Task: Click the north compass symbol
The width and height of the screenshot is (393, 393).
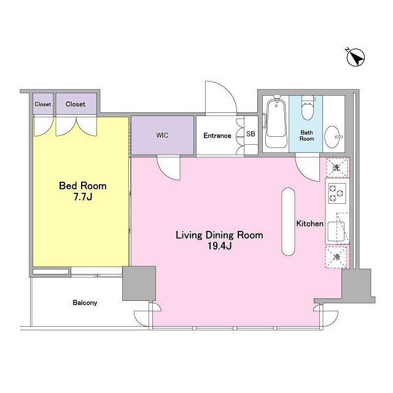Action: click(x=356, y=58)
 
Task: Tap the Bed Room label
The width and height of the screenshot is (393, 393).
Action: click(x=83, y=185)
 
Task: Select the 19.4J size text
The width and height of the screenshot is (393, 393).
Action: click(x=220, y=246)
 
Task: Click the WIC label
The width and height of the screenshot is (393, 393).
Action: click(x=162, y=135)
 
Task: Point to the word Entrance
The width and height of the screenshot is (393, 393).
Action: click(x=217, y=136)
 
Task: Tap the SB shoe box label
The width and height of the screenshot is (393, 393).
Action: click(x=251, y=134)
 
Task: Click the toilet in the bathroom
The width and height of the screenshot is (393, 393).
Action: click(x=308, y=108)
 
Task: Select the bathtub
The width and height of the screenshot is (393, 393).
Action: click(x=276, y=123)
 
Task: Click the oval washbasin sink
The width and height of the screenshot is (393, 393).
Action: click(x=332, y=137)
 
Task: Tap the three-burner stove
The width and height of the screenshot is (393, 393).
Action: click(x=337, y=193)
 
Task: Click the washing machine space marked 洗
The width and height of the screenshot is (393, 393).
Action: click(x=337, y=168)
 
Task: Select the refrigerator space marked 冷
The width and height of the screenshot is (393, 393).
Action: click(x=337, y=257)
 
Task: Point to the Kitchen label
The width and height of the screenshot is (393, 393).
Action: click(x=309, y=224)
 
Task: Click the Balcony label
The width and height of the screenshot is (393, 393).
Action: click(x=85, y=303)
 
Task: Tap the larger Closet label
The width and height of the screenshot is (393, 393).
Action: click(x=76, y=104)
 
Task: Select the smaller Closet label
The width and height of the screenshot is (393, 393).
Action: click(x=43, y=104)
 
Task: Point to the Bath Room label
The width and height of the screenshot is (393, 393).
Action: click(x=307, y=135)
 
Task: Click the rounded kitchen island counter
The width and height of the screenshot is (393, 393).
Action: click(x=288, y=222)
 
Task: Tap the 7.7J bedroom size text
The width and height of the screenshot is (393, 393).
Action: click(x=83, y=197)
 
